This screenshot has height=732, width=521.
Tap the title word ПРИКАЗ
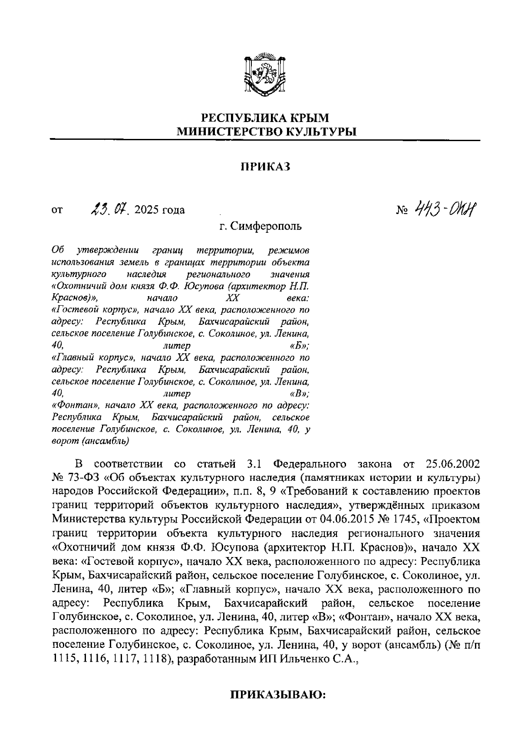coord(265,167)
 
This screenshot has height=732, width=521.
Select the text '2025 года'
coord(160,211)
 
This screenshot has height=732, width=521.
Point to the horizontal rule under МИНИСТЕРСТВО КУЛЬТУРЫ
coord(265,140)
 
